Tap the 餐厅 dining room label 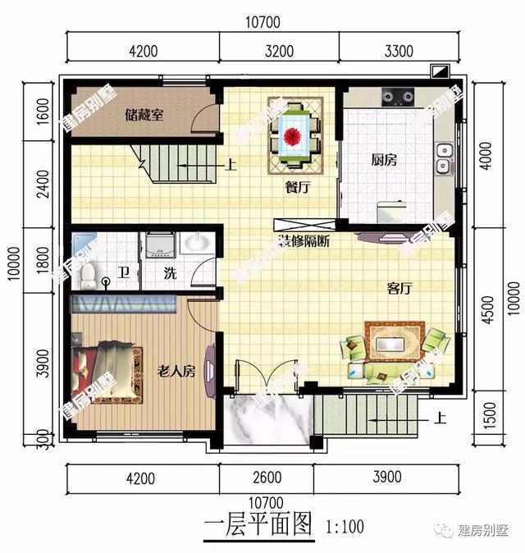click(296, 187)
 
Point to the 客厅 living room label click(399, 289)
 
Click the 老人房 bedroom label click(176, 372)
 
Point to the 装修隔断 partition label click(305, 243)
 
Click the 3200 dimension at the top click(279, 52)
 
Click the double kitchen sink click(444, 158)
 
